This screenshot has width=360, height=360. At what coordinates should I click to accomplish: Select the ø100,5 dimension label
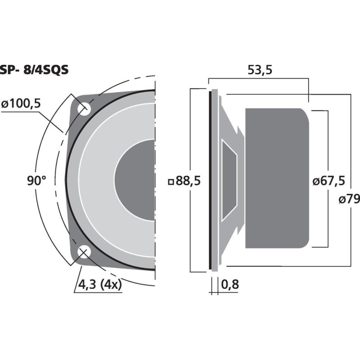(x=21, y=103)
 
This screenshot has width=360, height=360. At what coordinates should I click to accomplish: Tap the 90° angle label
(x=36, y=181)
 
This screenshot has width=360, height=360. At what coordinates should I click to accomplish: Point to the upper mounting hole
(x=83, y=108)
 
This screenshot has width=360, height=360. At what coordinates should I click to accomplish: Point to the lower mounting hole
(x=83, y=253)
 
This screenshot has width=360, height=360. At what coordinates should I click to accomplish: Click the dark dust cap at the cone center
(x=135, y=180)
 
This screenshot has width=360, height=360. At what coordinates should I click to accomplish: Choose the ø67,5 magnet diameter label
(x=328, y=181)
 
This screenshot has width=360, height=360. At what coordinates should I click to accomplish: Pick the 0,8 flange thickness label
(x=229, y=285)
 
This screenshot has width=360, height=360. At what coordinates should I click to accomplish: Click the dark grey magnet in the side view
(x=277, y=178)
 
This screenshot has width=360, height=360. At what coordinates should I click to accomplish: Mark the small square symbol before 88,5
(x=171, y=182)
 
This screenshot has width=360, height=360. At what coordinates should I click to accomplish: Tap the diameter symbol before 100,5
(x=5, y=103)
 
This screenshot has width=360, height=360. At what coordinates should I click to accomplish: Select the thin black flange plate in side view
(x=210, y=180)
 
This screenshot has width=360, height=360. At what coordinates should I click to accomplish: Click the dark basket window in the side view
(x=229, y=180)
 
